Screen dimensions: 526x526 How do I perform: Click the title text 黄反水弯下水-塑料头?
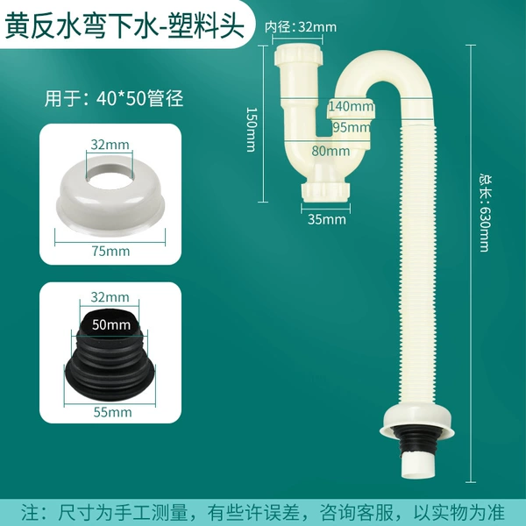point(124,25)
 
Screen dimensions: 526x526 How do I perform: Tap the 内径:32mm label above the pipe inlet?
point(301,27)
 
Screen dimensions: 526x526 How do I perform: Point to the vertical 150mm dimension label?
point(252,129)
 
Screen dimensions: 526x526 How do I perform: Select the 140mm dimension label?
point(351,106)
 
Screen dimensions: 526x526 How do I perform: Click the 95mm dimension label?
point(352,127)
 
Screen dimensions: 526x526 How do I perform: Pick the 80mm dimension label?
point(331,151)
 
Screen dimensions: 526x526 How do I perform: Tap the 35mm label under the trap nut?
point(326,219)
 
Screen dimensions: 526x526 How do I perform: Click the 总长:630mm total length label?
point(485,213)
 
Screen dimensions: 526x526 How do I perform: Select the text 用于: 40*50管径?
point(114,98)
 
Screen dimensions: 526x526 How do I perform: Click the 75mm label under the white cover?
point(110,251)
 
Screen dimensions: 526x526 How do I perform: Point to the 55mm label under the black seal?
point(112,412)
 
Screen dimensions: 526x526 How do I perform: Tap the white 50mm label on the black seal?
point(111,324)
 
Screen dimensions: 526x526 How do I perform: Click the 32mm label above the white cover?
point(110,145)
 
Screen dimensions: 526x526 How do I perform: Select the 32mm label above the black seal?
point(110,297)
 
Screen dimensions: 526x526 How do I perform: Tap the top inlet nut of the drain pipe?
point(298,55)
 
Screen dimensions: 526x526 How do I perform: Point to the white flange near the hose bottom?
point(417,422)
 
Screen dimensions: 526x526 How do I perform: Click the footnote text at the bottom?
point(263,512)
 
